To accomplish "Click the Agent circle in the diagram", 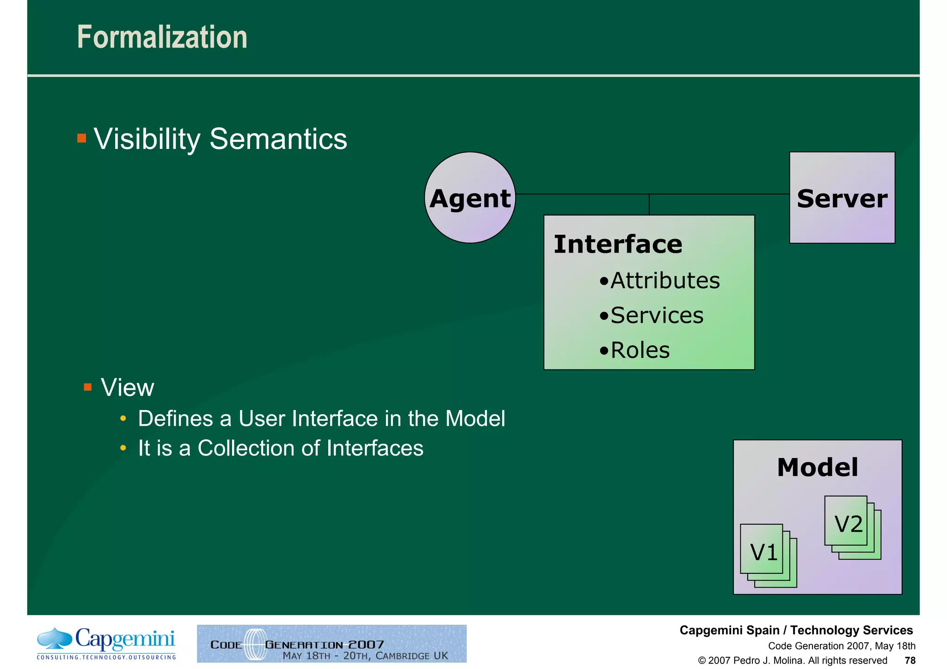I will pyautogui.click(x=470, y=198).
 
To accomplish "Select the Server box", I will pyautogui.click(x=842, y=198).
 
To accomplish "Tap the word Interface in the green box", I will pyautogui.click(x=618, y=244).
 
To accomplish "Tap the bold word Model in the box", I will pyautogui.click(x=818, y=467).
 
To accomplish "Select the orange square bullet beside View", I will pyautogui.click(x=88, y=387).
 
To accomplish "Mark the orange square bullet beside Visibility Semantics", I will pyautogui.click(x=82, y=138).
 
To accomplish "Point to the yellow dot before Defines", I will pyautogui.click(x=123, y=419).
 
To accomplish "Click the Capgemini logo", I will pyautogui.click(x=106, y=643).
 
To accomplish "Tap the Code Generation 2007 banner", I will pyautogui.click(x=332, y=644).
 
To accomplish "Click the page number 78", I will pyautogui.click(x=910, y=660).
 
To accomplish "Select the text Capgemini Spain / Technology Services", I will pyautogui.click(x=796, y=630).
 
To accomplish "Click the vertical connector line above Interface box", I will pyautogui.click(x=649, y=204).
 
